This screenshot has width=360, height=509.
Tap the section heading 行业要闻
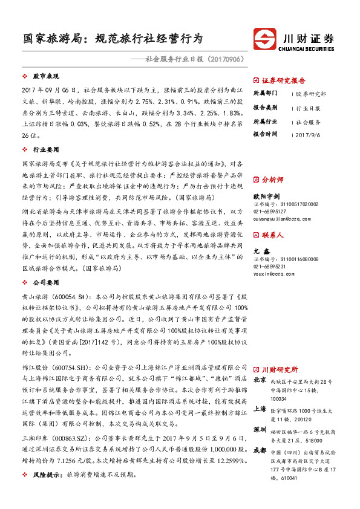click(45, 149)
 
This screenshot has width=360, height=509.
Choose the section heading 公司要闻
click(45, 282)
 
